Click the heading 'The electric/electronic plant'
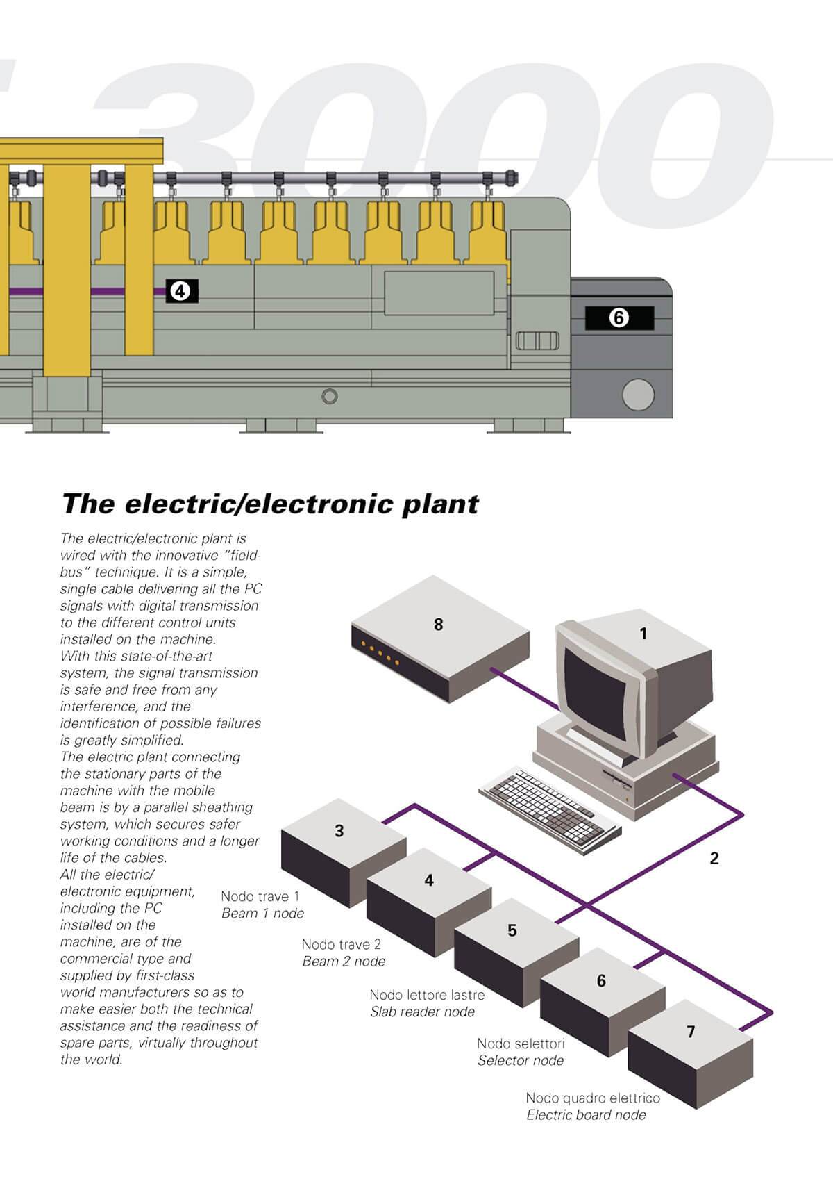(x=270, y=504)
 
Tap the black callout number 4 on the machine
(x=181, y=291)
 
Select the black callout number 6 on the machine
(x=619, y=318)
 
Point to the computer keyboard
(x=548, y=809)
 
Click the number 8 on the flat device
(x=438, y=625)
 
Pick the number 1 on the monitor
(x=643, y=634)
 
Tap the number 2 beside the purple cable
(x=714, y=859)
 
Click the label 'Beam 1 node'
(x=262, y=914)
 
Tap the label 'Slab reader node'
(x=422, y=1012)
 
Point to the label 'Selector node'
(x=520, y=1061)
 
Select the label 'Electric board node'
(x=586, y=1115)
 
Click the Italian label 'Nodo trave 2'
(x=341, y=944)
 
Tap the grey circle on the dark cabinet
(x=638, y=395)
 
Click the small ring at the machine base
(x=330, y=396)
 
